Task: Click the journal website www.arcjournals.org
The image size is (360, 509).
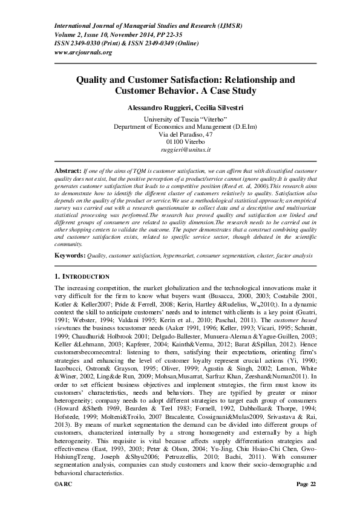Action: click(83, 53)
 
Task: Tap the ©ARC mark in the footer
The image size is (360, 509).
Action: click(64, 501)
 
